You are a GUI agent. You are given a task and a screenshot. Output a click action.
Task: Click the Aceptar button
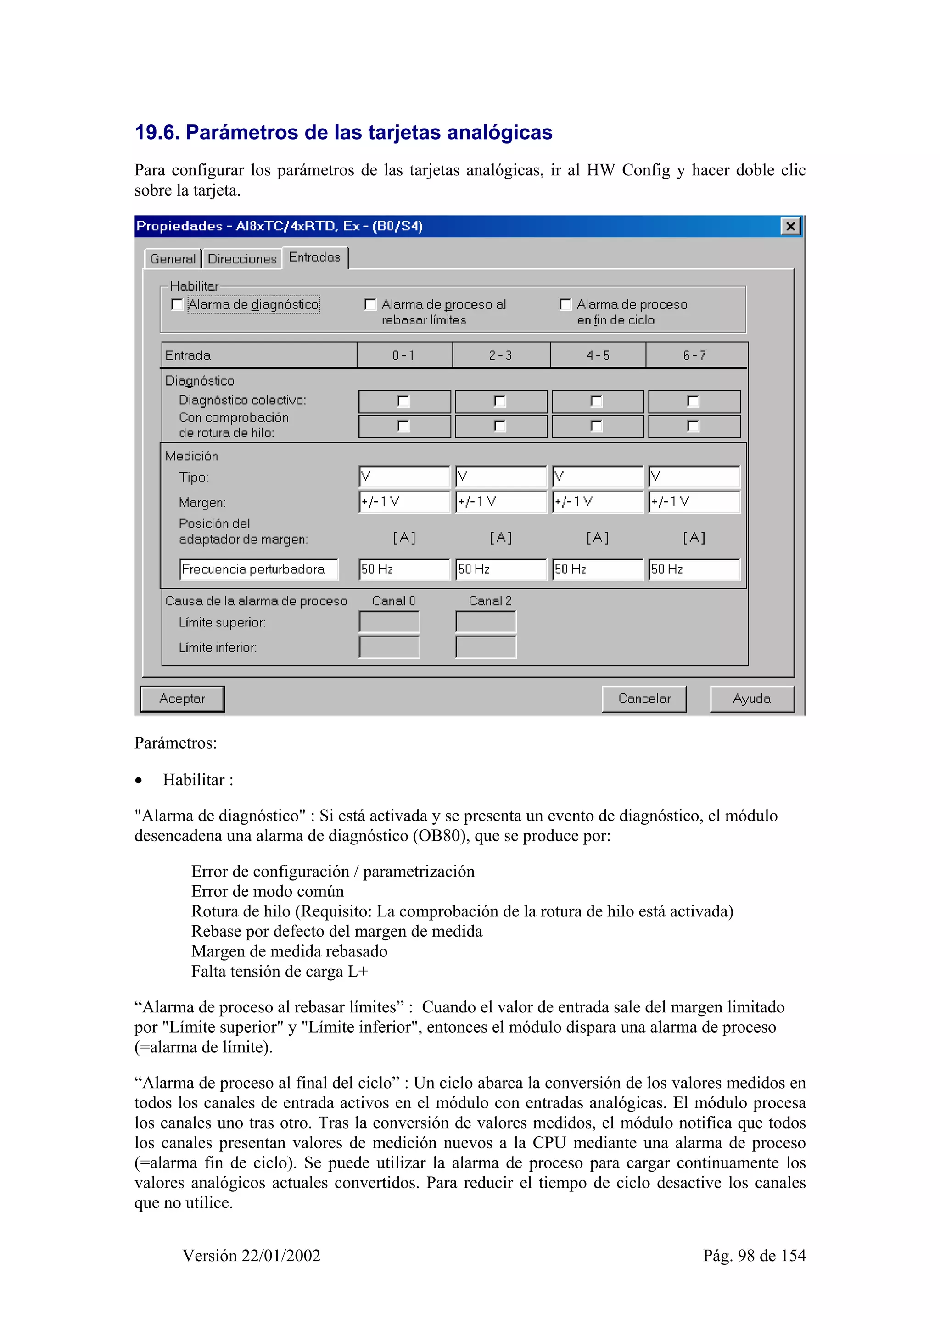coord(182,699)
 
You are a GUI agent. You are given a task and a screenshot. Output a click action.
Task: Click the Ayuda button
coord(751,699)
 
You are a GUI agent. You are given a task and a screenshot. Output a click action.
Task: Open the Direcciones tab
coord(242,259)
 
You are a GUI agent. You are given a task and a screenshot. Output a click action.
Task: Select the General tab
coord(173,259)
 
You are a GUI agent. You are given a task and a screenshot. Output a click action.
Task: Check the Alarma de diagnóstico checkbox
coord(177,305)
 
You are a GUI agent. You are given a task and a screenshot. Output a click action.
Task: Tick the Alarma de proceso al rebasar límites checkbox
coord(370,305)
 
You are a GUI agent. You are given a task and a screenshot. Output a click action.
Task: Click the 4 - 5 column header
coord(598,356)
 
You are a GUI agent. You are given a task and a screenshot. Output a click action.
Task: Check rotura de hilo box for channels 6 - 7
coord(693,426)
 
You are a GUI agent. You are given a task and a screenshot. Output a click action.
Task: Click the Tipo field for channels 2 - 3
coord(501,477)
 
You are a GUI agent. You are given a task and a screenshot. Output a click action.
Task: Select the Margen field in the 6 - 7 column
coord(694,502)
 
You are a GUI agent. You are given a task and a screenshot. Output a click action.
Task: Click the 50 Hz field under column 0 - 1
coord(404,570)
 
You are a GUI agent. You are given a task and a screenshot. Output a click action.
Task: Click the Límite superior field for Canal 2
coord(485,622)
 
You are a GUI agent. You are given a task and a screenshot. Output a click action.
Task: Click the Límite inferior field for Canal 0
coord(389,647)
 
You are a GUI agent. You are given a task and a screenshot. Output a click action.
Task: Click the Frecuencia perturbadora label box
coord(258,570)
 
